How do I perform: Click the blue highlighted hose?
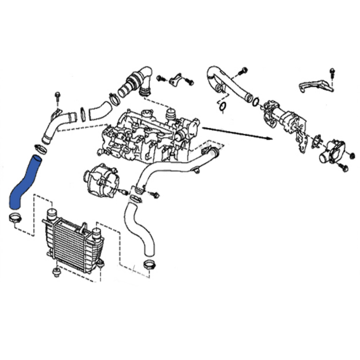25,182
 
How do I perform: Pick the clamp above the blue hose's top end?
40,148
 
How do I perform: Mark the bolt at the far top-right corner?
333,72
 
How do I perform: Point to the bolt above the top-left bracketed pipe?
58,97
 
